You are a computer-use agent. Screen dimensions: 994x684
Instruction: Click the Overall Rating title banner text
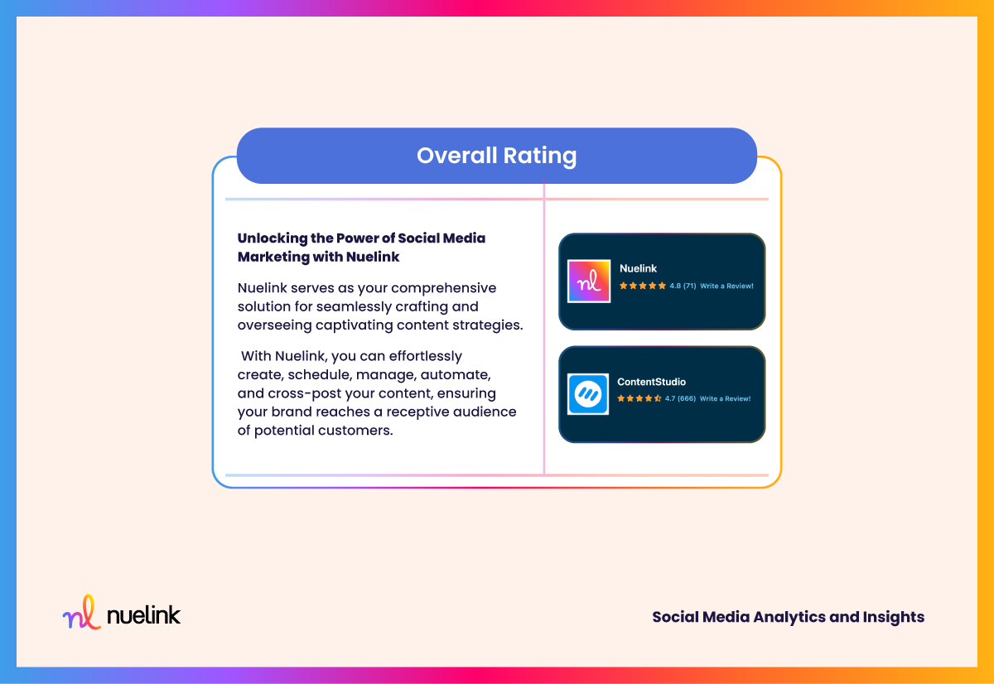tap(496, 156)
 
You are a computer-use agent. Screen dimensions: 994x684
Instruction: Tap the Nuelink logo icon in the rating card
tap(589, 282)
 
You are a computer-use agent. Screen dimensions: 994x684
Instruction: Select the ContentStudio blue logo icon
tap(588, 394)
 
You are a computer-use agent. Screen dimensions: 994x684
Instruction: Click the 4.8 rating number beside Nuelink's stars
tap(675, 287)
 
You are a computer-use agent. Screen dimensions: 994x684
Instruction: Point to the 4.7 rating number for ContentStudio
tap(670, 398)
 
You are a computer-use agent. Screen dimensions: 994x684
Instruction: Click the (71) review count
tap(689, 287)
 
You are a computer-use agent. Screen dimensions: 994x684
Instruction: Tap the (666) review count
tap(687, 398)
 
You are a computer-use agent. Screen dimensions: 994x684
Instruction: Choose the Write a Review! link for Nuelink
tap(727, 287)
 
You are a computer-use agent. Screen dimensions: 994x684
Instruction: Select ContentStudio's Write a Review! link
tap(725, 398)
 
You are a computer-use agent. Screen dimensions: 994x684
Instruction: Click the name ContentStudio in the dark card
tap(651, 382)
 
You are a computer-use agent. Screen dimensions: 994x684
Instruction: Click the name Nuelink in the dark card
tap(638, 268)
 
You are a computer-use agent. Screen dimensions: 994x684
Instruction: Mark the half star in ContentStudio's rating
tap(658, 398)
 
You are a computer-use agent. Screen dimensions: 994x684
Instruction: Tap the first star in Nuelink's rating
tap(624, 286)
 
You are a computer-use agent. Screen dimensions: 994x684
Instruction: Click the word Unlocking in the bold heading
tap(273, 238)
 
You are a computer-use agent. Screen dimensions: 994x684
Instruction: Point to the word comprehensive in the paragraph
tap(443, 288)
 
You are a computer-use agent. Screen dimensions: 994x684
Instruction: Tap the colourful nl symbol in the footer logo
tap(82, 612)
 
